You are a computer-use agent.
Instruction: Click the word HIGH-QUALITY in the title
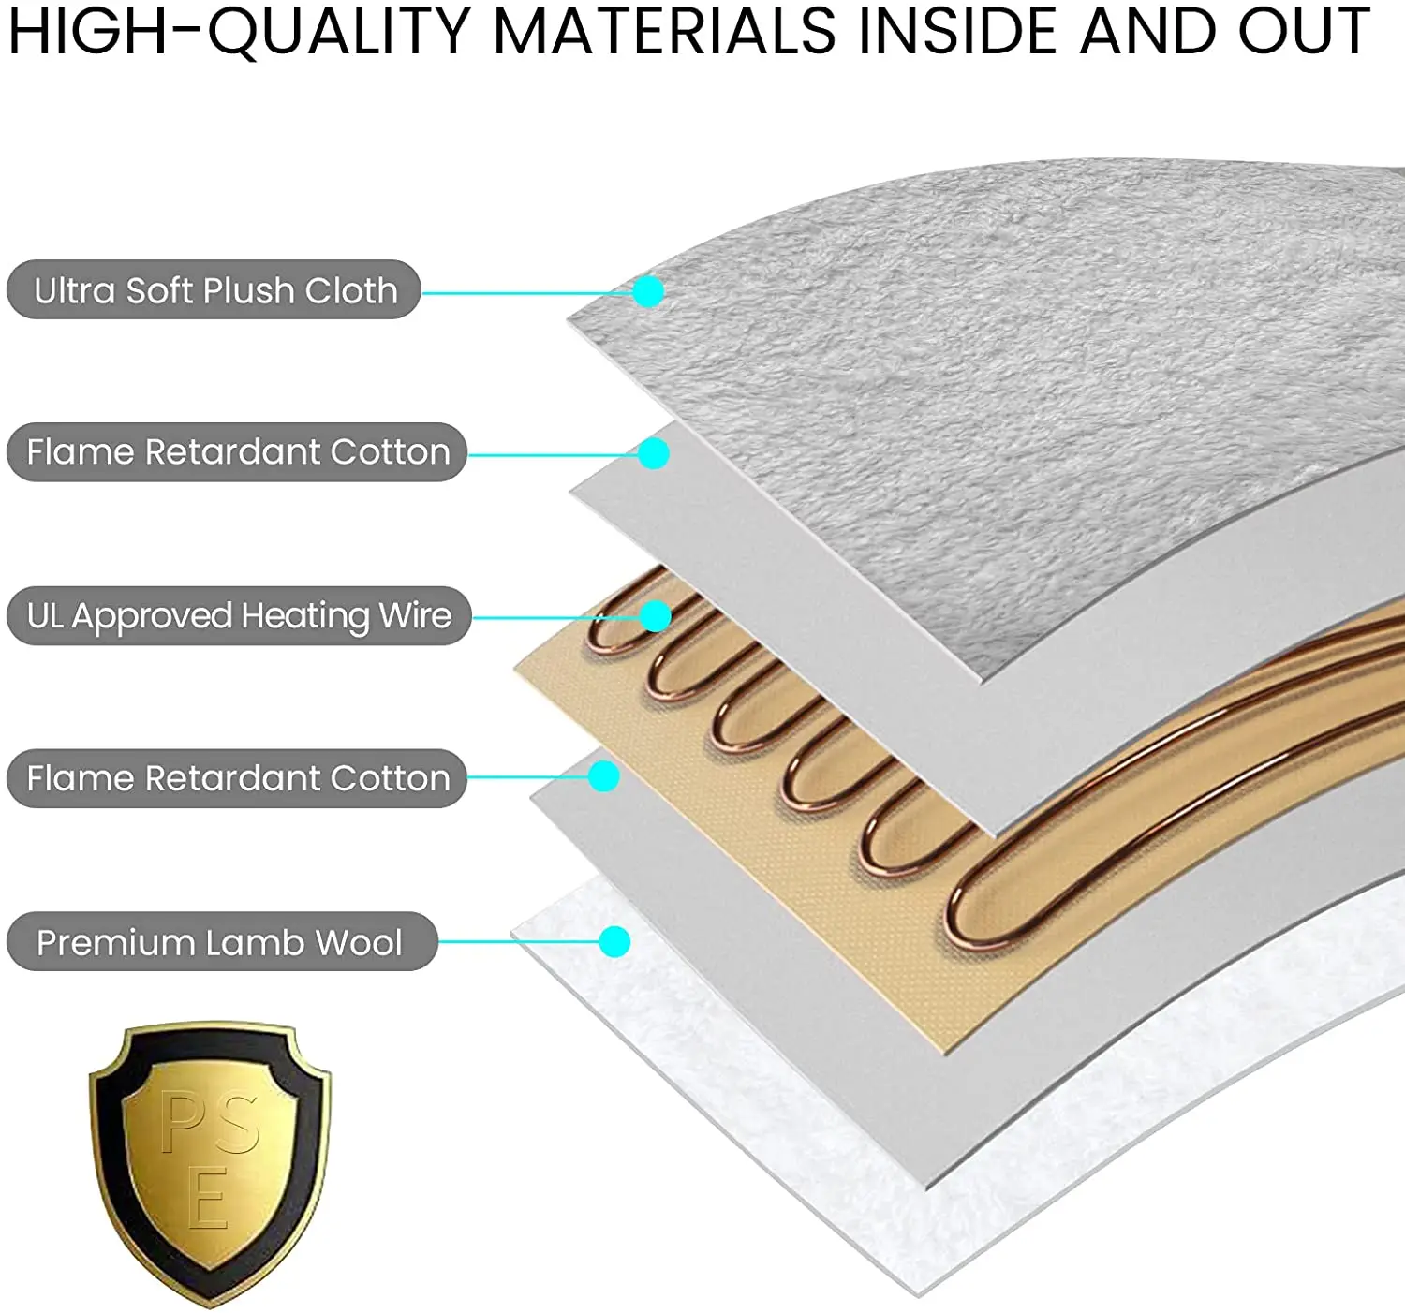pyautogui.click(x=239, y=32)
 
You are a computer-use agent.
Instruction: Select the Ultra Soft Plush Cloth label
pyautogui.click(x=214, y=290)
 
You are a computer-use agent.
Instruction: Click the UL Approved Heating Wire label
pyautogui.click(x=239, y=616)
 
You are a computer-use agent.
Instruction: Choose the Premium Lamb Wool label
pyautogui.click(x=221, y=942)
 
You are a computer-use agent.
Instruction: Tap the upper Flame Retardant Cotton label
pyautogui.click(x=237, y=452)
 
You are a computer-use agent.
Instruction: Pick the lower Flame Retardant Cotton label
pyautogui.click(x=237, y=778)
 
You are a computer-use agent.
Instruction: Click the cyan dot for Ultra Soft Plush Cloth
pyautogui.click(x=648, y=291)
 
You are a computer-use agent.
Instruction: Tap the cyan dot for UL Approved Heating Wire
pyautogui.click(x=656, y=616)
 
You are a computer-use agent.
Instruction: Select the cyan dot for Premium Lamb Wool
pyautogui.click(x=614, y=941)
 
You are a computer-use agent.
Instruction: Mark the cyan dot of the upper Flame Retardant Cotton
pyautogui.click(x=654, y=454)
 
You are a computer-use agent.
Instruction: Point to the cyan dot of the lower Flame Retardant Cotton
pyautogui.click(x=604, y=776)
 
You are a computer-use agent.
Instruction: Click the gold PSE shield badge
pyautogui.click(x=210, y=1161)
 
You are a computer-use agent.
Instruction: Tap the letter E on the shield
pyautogui.click(x=208, y=1198)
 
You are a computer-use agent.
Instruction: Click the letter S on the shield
pyautogui.click(x=236, y=1122)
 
